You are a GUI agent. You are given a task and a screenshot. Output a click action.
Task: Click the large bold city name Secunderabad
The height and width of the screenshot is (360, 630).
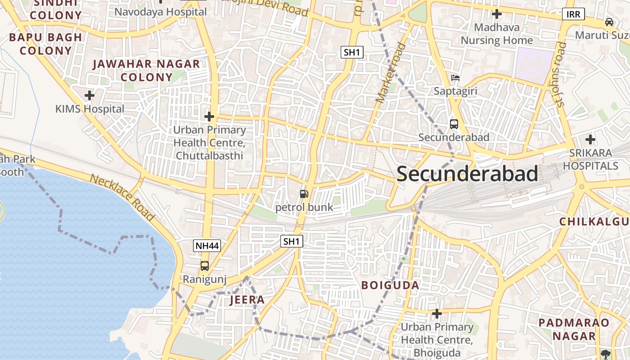point(467,174)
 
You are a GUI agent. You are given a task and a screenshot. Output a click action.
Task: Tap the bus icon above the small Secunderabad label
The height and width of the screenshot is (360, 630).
point(454,124)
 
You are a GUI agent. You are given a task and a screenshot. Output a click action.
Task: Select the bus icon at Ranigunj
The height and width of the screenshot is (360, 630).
point(205,265)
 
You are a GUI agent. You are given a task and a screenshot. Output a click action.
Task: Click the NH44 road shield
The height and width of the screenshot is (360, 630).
point(207,246)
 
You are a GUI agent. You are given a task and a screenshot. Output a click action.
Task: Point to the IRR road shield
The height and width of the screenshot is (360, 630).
point(573,14)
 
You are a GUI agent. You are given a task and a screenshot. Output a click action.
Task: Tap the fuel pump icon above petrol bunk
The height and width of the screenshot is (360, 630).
point(304,194)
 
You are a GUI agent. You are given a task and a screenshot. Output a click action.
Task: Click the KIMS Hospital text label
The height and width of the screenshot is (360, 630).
point(90,109)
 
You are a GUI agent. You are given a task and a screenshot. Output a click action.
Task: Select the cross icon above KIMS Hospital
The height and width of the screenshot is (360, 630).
point(90,95)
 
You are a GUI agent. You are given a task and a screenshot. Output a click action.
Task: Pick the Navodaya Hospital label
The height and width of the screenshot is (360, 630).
point(160,12)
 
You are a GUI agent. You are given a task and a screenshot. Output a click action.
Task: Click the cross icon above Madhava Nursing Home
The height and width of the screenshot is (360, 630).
point(497,14)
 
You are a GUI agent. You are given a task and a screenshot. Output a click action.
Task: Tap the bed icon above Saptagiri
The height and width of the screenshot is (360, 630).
point(455,78)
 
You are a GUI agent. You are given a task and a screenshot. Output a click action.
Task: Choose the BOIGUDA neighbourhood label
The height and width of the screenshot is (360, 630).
point(391,285)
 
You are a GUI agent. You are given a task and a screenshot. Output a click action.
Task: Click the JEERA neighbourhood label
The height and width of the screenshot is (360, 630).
point(247,300)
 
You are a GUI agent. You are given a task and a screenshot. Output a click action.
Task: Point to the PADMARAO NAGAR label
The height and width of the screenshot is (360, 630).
point(574,329)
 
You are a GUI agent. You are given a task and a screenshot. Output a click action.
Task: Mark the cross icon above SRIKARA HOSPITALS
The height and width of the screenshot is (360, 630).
point(590,139)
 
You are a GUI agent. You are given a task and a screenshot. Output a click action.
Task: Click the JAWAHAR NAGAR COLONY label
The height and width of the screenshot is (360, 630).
point(146,70)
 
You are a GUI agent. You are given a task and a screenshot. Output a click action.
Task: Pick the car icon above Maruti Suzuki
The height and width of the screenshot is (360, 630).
point(609,22)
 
